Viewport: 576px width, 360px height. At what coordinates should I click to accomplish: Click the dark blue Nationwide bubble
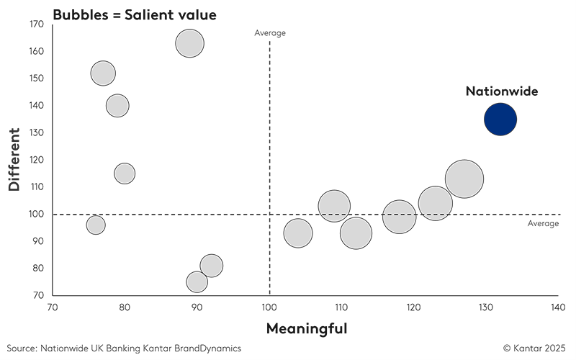point(500,120)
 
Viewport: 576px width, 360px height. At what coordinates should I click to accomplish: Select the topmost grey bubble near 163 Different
point(189,43)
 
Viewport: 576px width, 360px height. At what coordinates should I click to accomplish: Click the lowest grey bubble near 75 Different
point(197,282)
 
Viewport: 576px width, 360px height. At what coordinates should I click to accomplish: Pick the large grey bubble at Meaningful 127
point(464,180)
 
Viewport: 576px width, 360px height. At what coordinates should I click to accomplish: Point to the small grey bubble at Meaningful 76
point(96,225)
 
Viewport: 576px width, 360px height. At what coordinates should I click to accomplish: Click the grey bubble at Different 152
point(103,73)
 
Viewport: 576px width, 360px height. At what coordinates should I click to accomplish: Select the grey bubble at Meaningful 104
point(298,233)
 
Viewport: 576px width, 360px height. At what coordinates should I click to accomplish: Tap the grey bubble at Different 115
point(125,174)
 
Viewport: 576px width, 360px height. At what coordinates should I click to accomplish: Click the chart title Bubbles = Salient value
point(113,14)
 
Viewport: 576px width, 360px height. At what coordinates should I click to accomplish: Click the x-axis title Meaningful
point(307,329)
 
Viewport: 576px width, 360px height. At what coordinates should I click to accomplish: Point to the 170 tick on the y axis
point(37,24)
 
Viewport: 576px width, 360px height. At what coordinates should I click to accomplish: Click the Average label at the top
point(270,32)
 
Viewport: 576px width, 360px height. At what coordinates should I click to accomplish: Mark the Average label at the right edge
point(543,224)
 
